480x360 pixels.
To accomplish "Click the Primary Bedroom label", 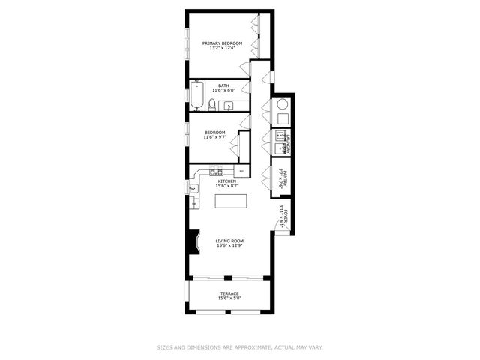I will [x=222, y=44].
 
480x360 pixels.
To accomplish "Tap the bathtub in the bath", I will [x=197, y=96].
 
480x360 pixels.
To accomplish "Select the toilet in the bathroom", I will [x=212, y=103].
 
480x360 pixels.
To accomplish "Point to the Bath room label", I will [x=223, y=85].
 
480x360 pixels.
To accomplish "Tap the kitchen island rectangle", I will [x=230, y=202].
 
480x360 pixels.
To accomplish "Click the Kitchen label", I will [x=226, y=181].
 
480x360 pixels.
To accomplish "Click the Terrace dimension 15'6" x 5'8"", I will [x=229, y=298].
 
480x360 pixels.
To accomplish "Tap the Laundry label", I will [x=287, y=142].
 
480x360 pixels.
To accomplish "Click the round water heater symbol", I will [x=283, y=104].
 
